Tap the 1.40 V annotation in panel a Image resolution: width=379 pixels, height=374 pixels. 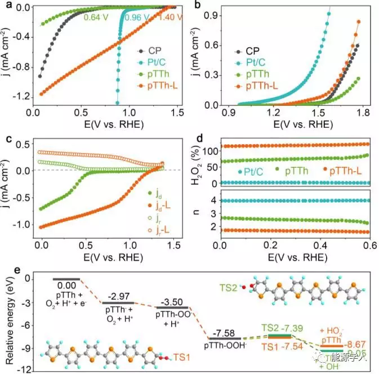(159, 17)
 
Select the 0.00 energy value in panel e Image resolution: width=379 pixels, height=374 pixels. (66, 286)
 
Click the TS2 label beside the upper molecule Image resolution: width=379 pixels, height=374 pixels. (229, 287)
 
